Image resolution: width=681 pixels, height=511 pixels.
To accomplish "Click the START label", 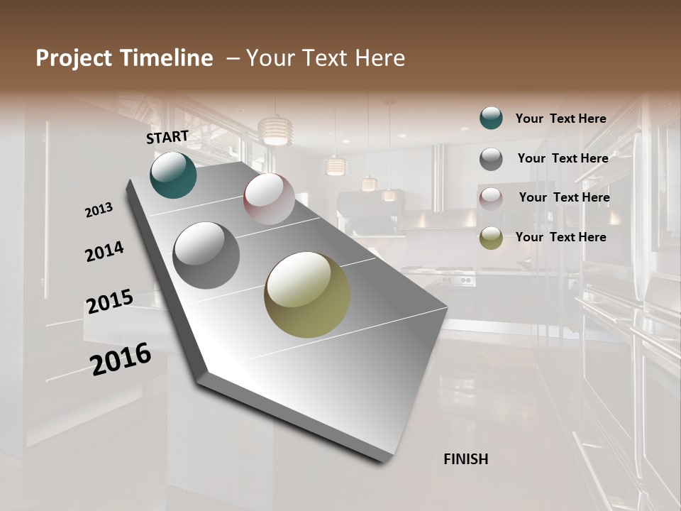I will coord(167,137).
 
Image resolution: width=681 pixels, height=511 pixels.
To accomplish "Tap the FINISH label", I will coord(465,459).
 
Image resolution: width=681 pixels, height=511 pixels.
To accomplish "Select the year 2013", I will coord(99,210).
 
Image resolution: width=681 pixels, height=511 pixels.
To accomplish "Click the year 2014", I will coord(104,251).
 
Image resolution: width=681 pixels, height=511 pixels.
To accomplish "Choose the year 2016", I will coord(121,359).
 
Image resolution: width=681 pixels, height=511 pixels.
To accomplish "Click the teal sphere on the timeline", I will coord(173,175).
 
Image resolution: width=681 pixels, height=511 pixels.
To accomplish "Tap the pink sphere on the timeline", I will coord(269,199).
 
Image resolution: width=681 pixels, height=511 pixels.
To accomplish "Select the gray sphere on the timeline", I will coord(206,255).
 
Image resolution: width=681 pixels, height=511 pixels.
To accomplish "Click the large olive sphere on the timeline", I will coord(307,295).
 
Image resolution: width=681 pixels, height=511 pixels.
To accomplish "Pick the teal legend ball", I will coord(491,119).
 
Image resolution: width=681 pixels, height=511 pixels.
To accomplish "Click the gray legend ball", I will coord(491,159).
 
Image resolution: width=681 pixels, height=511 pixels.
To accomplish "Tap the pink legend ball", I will coord(491,199).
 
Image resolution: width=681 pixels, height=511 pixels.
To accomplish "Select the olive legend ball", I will coord(491,238).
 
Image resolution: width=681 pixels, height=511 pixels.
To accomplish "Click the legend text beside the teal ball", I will coord(560,119).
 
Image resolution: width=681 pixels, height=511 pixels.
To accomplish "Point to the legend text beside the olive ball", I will coord(560,237).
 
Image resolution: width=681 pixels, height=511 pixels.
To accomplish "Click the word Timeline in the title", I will coord(162,58).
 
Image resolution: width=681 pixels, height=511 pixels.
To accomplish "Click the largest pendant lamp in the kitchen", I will coord(276,131).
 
